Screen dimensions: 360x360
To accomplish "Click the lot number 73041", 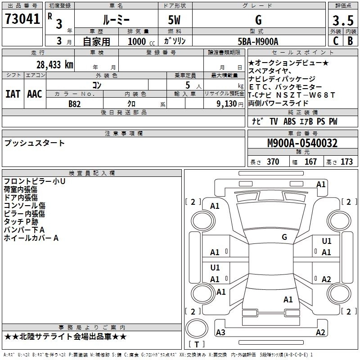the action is (x=22, y=19).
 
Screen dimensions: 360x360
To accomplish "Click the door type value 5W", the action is (x=174, y=20).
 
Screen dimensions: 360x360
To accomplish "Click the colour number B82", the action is (x=75, y=103).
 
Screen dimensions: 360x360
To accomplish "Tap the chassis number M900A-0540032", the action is (x=302, y=143).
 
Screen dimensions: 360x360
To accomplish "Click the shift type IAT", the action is (x=13, y=94).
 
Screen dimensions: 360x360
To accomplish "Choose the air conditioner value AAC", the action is (x=35, y=94).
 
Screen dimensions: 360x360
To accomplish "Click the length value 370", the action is (x=273, y=162).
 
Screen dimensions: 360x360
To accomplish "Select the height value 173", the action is (x=346, y=162).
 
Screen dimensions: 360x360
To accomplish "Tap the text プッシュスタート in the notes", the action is (x=35, y=143).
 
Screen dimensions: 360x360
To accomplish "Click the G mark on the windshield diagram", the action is (x=284, y=237).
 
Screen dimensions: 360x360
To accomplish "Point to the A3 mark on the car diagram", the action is (x=220, y=333).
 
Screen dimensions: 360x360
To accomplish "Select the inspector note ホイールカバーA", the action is (x=31, y=238).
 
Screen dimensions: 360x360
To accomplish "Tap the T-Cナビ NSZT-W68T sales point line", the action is (x=292, y=94).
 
